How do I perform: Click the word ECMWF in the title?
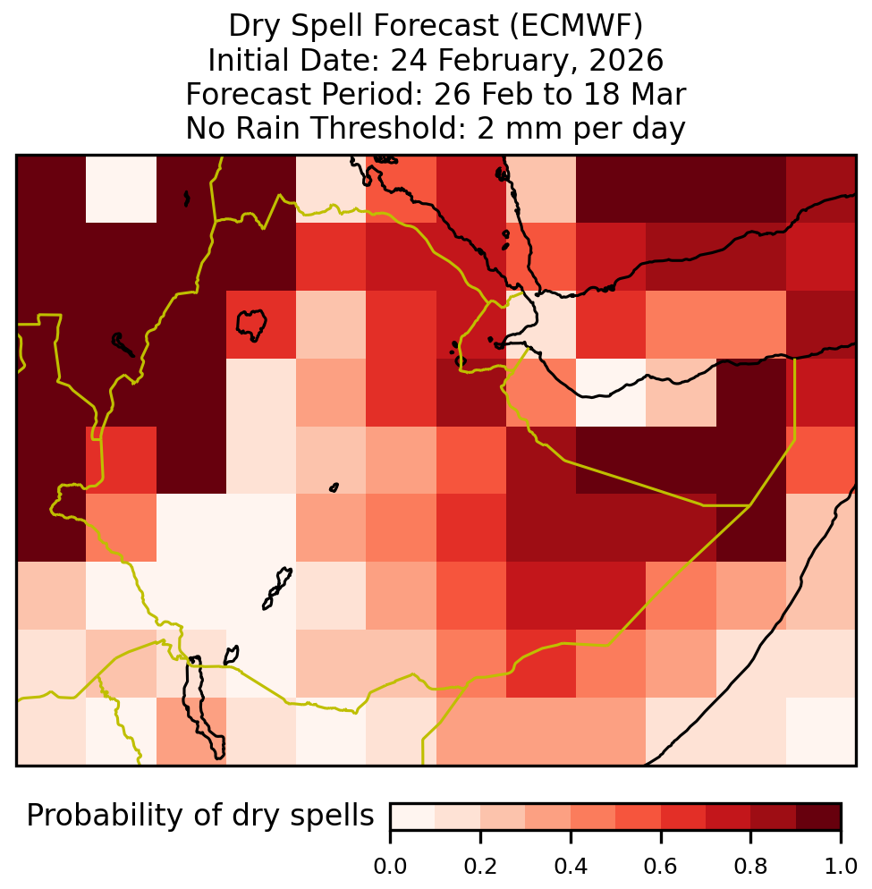pos(576,26)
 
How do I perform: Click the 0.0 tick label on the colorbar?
pos(390,867)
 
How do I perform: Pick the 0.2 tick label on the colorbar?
pos(480,867)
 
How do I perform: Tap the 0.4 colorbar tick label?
pos(571,867)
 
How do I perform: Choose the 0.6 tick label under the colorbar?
pos(661,867)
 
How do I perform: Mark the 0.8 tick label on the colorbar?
pos(750,867)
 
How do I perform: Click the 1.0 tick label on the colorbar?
pos(841,867)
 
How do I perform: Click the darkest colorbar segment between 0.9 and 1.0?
pos(818,817)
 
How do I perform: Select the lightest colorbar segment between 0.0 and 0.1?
pos(413,817)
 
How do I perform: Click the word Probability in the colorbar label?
pos(107,817)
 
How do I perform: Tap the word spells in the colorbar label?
pos(332,817)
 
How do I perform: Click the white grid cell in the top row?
pos(121,189)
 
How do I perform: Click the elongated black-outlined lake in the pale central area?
pos(277,588)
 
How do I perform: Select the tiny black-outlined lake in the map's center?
pos(334,487)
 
